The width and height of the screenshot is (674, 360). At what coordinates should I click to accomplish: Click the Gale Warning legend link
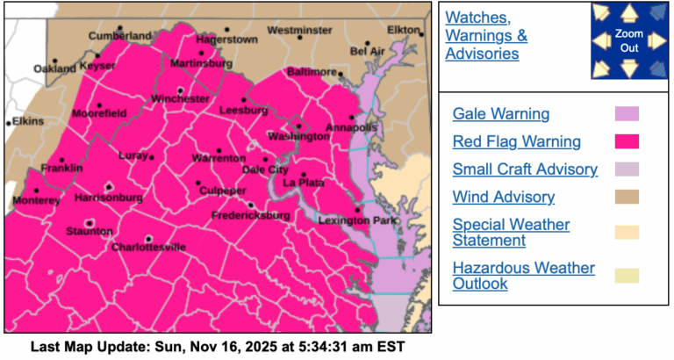(x=501, y=114)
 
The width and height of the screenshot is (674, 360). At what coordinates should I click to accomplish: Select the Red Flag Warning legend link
(x=517, y=141)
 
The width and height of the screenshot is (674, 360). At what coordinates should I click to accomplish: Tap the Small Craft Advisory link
(x=525, y=169)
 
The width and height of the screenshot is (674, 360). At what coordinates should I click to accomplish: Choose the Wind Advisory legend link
(x=504, y=198)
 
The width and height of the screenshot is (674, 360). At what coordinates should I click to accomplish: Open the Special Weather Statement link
(x=511, y=233)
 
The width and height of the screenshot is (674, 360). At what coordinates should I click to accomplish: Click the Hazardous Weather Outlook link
(x=523, y=275)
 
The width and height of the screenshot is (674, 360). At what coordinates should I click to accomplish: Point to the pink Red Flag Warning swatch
(x=627, y=141)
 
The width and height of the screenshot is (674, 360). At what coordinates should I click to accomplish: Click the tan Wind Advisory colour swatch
(x=627, y=198)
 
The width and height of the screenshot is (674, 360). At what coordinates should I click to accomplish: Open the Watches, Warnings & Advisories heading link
(x=486, y=36)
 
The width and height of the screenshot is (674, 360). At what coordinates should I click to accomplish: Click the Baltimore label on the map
(x=312, y=71)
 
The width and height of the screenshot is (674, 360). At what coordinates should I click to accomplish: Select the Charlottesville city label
(x=148, y=248)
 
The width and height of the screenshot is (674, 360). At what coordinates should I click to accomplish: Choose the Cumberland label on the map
(x=119, y=36)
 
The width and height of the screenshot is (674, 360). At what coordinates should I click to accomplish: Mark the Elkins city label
(x=26, y=121)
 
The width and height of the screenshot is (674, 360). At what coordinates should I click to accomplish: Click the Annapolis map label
(x=351, y=128)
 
